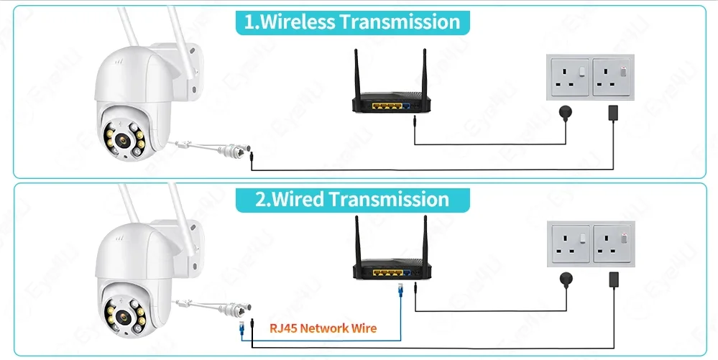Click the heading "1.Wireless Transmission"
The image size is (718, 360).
point(352,22)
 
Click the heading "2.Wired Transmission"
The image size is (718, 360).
point(352,199)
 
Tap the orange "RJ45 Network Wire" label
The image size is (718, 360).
point(323,328)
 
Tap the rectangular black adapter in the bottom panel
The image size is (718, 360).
point(614,278)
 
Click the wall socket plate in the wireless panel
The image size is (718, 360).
point(592,78)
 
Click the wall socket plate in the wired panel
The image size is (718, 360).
point(592,244)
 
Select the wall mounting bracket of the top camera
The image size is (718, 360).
point(193,72)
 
